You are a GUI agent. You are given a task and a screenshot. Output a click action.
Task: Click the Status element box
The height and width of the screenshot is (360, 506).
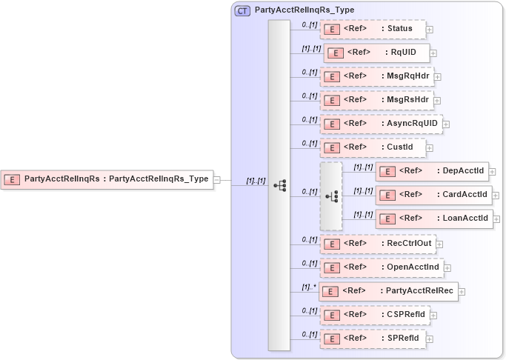pyautogui.click(x=373, y=29)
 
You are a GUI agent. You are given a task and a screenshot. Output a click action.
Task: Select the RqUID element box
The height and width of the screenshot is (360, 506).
pyautogui.click(x=376, y=53)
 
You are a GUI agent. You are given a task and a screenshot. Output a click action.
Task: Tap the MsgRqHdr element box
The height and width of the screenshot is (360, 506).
pyautogui.click(x=376, y=76)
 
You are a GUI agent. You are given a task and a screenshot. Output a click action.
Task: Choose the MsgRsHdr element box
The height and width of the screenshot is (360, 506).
pyautogui.click(x=376, y=100)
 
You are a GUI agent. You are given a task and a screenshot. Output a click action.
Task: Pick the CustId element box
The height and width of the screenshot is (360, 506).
pyautogui.click(x=373, y=148)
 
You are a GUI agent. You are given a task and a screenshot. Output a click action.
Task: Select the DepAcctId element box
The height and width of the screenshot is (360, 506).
pyautogui.click(x=433, y=171)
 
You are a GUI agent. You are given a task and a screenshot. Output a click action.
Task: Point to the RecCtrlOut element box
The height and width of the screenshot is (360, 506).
pyautogui.click(x=376, y=243)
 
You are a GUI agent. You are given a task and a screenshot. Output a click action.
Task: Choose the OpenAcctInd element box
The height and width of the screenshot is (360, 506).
pyautogui.click(x=381, y=267)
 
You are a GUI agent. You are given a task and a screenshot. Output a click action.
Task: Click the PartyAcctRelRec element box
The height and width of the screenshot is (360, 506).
pyautogui.click(x=388, y=290)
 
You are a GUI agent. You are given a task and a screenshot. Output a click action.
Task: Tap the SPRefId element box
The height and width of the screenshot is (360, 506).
pyautogui.click(x=373, y=339)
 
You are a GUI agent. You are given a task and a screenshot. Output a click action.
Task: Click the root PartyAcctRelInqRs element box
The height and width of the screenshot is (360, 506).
pyautogui.click(x=107, y=179)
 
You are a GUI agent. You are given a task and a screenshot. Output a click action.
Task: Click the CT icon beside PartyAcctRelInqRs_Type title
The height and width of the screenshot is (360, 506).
pyautogui.click(x=242, y=10)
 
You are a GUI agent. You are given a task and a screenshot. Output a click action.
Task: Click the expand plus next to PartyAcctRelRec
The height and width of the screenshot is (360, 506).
pyautogui.click(x=462, y=291)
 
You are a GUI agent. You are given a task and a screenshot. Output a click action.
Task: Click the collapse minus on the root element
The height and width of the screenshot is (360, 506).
pyautogui.click(x=217, y=179)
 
